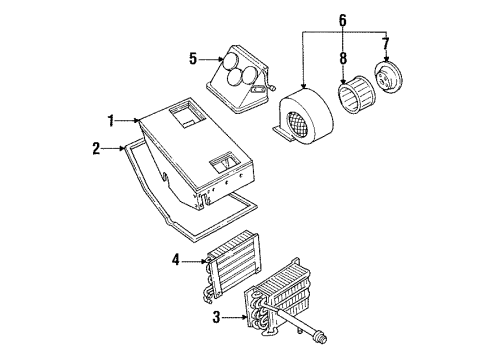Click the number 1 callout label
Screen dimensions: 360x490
[113, 120]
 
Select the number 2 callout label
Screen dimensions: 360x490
[97, 148]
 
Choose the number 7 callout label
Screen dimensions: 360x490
[387, 44]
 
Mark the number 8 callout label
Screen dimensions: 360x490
[342, 44]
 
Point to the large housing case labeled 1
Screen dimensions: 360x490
[190, 150]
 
